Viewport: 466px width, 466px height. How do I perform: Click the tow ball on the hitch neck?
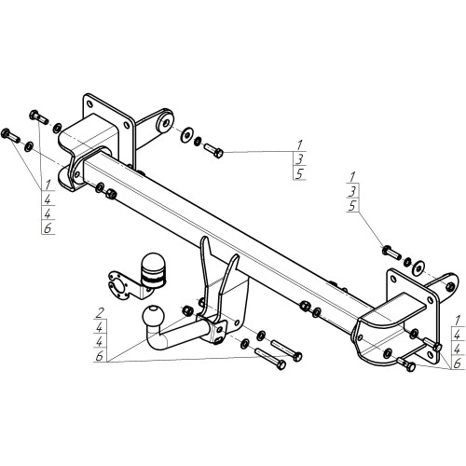coord(153,316)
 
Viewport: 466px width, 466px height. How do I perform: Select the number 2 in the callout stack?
coord(100,313)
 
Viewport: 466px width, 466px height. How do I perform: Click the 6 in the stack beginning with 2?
coord(100,356)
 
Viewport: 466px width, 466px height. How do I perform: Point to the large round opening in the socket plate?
coord(117,287)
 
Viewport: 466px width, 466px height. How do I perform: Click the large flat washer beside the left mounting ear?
coord(186,134)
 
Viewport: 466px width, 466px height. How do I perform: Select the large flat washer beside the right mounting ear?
coord(418,267)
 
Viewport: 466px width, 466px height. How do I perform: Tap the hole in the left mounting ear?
coord(166,123)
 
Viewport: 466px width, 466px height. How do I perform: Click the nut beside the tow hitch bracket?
coord(187,310)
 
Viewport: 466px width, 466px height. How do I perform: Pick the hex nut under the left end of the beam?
coord(111,194)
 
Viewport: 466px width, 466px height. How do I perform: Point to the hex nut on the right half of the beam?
coord(305,306)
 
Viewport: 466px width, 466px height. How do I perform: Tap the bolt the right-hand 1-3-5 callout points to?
coord(391,253)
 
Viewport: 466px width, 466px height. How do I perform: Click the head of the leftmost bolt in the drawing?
coord(6,133)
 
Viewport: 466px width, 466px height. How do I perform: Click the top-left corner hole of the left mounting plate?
coord(89,104)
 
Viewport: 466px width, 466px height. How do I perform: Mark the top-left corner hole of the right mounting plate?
coord(394,279)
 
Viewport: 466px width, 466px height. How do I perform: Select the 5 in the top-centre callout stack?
coord(299,174)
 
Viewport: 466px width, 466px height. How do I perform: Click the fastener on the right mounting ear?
coord(449,286)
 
